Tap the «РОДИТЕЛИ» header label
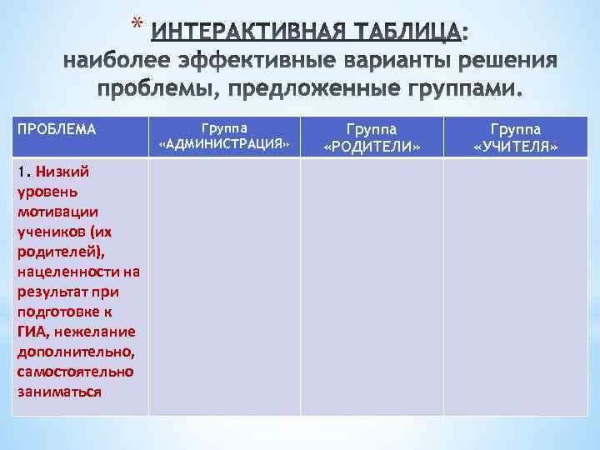(x=372, y=147)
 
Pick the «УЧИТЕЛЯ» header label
(x=515, y=147)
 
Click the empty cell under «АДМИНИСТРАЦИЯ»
(x=224, y=287)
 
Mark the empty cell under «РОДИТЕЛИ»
(x=372, y=287)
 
